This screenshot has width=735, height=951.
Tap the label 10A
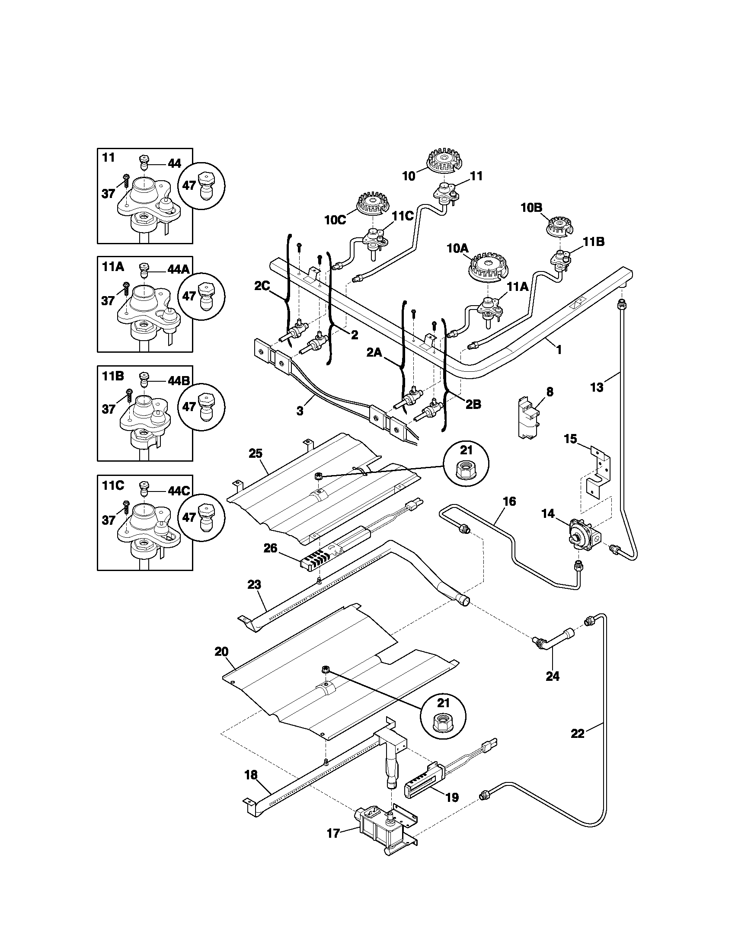pyautogui.click(x=457, y=249)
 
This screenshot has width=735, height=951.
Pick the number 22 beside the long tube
pyautogui.click(x=577, y=733)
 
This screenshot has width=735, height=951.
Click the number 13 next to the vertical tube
pyautogui.click(x=597, y=387)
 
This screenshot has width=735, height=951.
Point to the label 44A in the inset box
pyautogui.click(x=178, y=270)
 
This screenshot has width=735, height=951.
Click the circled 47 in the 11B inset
pyautogui.click(x=189, y=407)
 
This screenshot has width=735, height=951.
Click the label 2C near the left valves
pyautogui.click(x=262, y=286)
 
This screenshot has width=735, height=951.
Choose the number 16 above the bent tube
pyautogui.click(x=509, y=501)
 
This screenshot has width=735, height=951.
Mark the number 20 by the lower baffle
pyautogui.click(x=221, y=664)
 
